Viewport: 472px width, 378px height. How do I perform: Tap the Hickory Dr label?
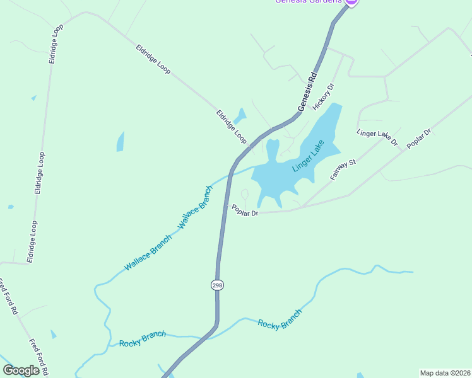322,96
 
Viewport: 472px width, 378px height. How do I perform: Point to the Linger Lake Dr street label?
377,137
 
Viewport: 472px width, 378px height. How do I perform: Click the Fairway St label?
343,170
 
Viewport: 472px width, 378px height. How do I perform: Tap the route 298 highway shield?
217,285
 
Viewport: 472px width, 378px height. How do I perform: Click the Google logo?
21,370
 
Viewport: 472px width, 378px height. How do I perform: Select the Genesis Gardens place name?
308,2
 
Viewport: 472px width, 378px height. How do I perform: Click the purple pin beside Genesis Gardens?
352,2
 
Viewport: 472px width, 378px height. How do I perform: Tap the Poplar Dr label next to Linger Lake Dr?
418,139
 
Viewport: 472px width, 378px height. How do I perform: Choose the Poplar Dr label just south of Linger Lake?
245,212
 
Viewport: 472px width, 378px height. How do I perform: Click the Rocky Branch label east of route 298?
280,319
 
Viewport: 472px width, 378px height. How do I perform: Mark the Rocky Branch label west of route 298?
142,338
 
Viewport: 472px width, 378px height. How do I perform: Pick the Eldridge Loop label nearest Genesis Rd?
231,127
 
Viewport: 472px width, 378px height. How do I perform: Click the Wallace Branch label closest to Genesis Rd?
196,207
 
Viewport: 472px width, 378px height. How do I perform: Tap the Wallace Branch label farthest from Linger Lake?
147,253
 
